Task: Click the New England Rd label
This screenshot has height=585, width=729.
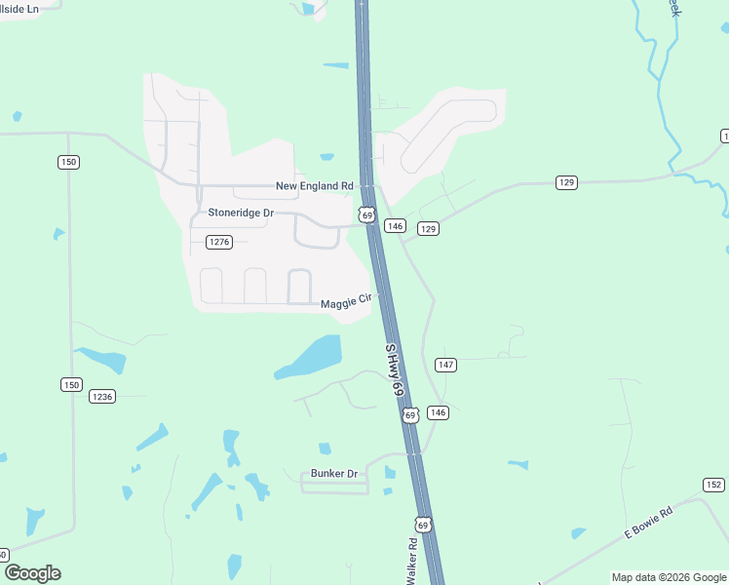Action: [314, 186]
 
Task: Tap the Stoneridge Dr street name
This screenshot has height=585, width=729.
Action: [241, 213]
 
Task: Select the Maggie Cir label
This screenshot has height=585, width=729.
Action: [347, 302]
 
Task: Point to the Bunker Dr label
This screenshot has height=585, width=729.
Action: [334, 474]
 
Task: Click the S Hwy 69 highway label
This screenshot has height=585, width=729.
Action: [394, 369]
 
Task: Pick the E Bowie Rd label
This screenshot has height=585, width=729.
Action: [649, 524]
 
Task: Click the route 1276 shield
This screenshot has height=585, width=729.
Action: [219, 242]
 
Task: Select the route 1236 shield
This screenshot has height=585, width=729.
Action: [102, 396]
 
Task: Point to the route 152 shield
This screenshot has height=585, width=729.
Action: [713, 485]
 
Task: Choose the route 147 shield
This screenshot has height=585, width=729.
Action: [445, 365]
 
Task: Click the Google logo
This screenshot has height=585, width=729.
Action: [32, 573]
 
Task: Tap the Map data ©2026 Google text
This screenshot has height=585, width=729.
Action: [670, 577]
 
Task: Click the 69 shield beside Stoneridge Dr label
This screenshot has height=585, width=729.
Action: [366, 215]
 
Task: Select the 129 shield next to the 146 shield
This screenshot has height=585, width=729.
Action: [428, 228]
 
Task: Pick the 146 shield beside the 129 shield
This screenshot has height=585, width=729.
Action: [395, 226]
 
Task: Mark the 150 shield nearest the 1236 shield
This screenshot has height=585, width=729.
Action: [71, 385]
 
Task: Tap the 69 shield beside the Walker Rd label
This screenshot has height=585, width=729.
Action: [422, 525]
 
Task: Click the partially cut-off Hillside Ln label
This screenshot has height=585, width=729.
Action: [19, 8]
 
